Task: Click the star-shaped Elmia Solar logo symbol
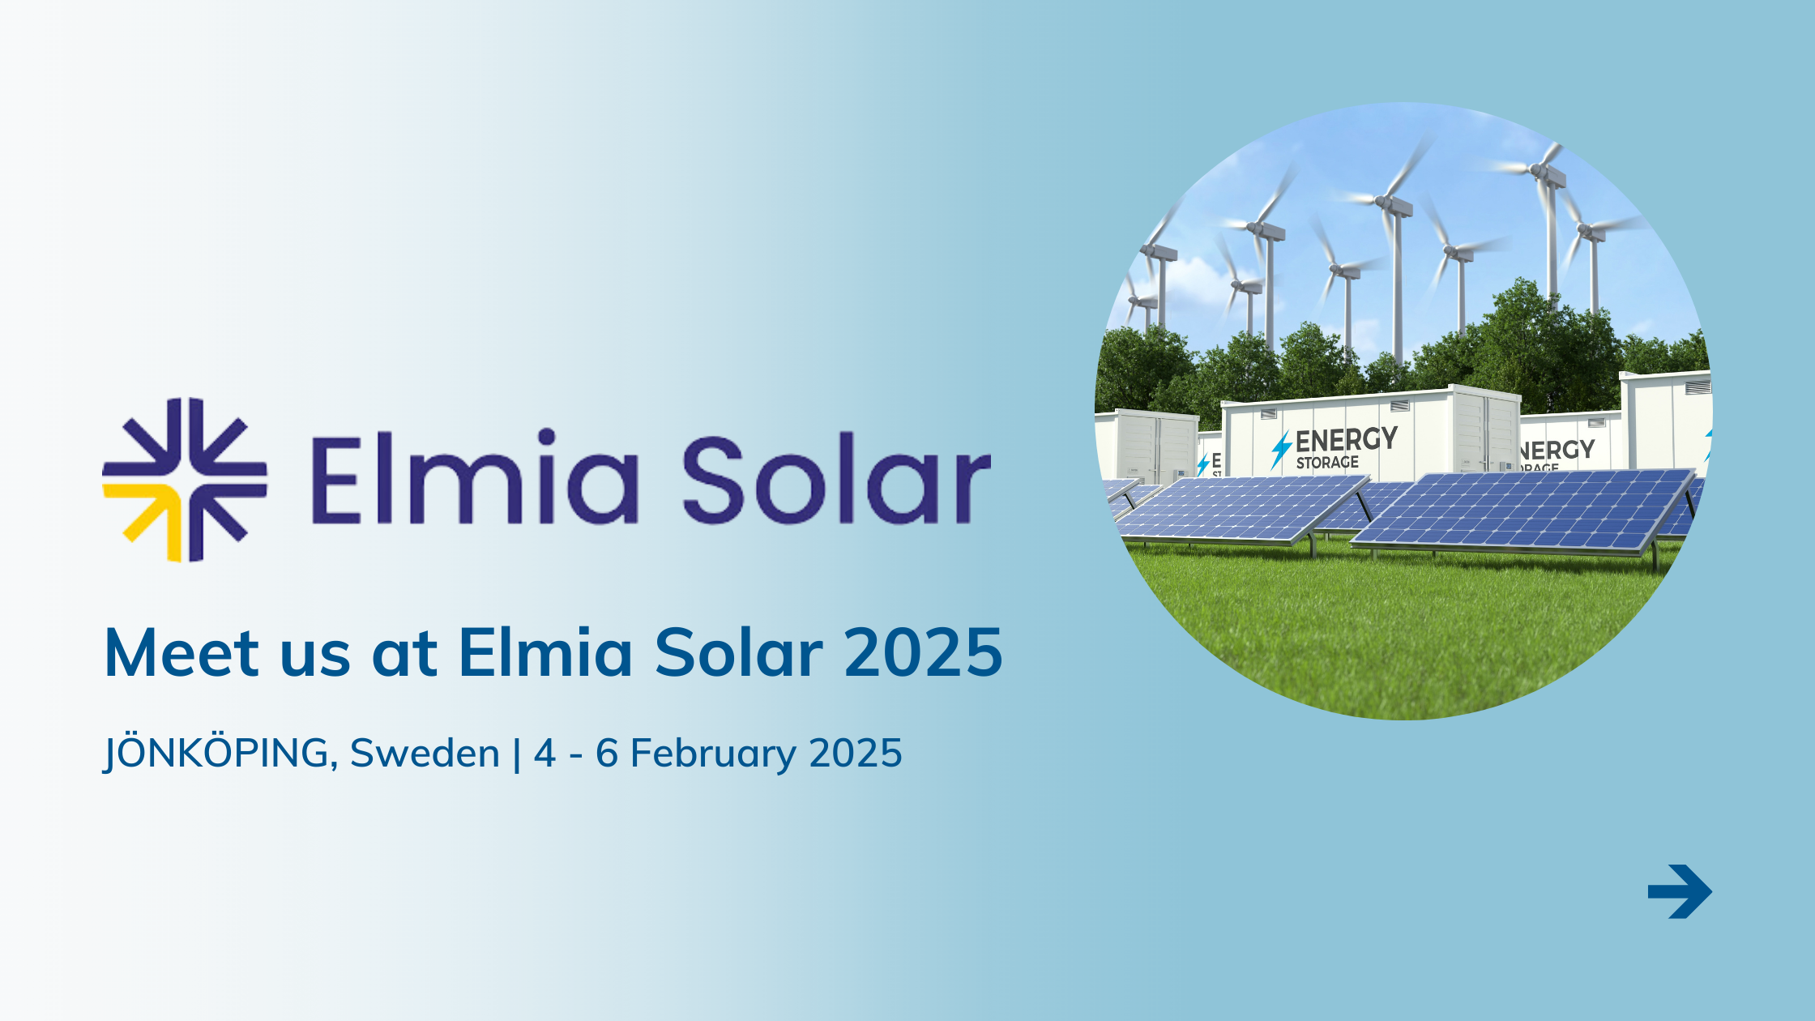pos(185,480)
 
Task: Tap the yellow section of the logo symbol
pos(151,515)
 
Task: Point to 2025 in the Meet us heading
pos(924,653)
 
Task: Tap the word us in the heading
pos(315,655)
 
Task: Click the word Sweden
pos(425,754)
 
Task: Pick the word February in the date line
pos(714,754)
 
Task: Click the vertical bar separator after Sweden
pos(517,754)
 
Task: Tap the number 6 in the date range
pos(607,754)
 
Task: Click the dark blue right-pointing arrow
pos(1680,891)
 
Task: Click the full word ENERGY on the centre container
pos(1347,440)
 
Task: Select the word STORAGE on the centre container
pos(1327,463)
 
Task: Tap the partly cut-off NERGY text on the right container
pos(1557,451)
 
